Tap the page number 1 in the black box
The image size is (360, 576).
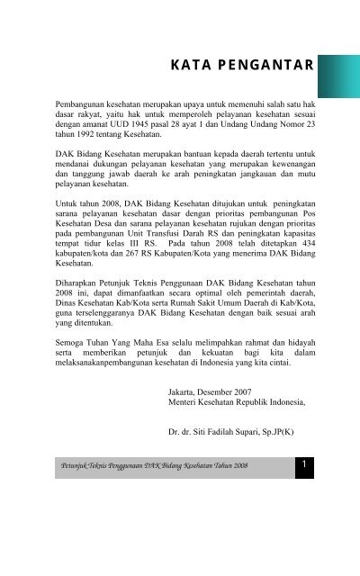pyautogui.click(x=306, y=464)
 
